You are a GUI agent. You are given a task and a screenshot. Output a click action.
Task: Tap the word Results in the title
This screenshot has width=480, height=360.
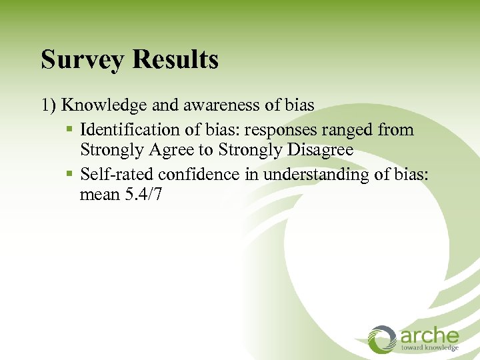[175, 59]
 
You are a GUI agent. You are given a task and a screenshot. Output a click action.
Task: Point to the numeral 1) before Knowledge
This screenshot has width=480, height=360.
[49, 106]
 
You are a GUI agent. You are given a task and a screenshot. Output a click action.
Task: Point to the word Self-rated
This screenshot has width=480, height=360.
[116, 173]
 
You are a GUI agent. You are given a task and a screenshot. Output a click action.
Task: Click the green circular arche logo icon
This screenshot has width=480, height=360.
[382, 339]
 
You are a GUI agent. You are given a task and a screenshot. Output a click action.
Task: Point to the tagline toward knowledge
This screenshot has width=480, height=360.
[429, 348]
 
